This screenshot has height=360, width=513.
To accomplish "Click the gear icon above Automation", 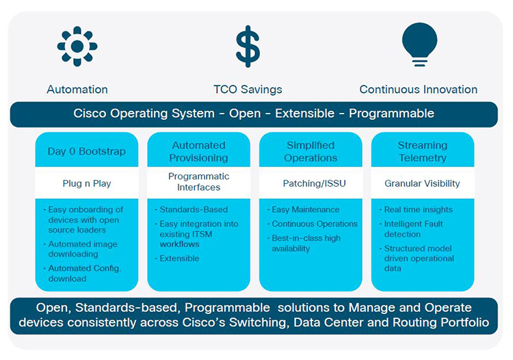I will (77, 47).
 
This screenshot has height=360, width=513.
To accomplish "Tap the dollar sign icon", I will (248, 47).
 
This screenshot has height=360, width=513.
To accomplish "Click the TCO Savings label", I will (248, 90).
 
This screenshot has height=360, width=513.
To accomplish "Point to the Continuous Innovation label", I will (419, 90).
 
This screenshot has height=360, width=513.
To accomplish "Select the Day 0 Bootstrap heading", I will (87, 151).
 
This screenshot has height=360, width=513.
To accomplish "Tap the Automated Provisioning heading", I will (198, 151).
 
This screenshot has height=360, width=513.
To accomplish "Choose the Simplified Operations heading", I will (311, 151).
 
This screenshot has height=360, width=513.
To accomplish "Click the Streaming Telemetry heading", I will (422, 151).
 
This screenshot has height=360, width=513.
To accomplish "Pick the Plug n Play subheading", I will (87, 183).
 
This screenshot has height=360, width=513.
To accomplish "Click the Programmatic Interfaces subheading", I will (198, 182).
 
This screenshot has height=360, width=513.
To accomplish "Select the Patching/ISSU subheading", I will (311, 183).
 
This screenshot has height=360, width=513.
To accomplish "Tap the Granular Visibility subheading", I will (422, 183).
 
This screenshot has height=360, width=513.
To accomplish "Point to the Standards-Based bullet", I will (193, 209).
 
